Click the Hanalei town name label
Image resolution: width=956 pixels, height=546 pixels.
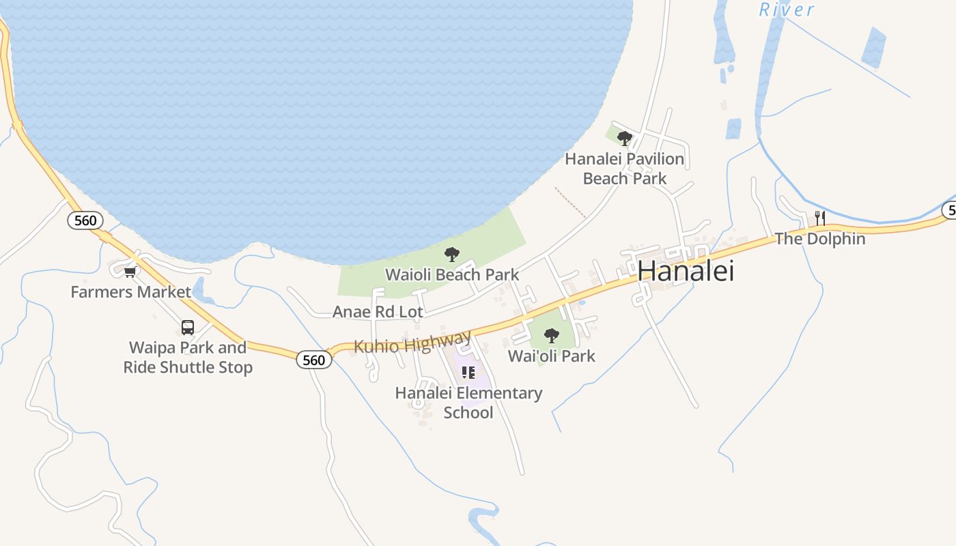coord(686,272)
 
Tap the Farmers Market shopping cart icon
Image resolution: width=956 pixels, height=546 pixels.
coord(130,272)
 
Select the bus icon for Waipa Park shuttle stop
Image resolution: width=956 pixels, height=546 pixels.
coord(188,328)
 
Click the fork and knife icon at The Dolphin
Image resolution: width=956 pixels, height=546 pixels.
coord(820,218)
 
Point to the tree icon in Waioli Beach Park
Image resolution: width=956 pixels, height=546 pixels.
coord(451,255)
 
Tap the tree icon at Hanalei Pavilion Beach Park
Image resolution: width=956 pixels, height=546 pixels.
coord(624,139)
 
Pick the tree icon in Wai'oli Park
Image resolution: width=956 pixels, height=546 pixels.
coord(551,336)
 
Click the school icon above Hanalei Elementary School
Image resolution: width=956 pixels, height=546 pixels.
coord(468,373)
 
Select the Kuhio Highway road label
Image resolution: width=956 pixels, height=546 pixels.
coord(412,342)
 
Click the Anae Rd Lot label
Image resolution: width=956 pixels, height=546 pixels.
coord(378,312)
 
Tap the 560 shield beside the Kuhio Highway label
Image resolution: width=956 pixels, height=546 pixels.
coord(313,360)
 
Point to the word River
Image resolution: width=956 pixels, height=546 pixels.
coord(787,10)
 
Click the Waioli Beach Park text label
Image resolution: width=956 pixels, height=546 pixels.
coord(452,275)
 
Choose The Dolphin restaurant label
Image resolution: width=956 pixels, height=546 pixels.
coord(819,239)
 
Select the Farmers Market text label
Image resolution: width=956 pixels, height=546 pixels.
coord(130,292)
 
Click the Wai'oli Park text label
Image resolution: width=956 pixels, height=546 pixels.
coord(551,356)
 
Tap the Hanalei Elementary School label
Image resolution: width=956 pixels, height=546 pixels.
coord(468,403)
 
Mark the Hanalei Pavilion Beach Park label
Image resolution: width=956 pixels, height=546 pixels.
coord(624,169)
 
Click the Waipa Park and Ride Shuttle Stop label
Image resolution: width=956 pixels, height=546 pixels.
coord(188,357)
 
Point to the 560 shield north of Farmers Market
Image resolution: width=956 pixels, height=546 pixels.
coord(85,220)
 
